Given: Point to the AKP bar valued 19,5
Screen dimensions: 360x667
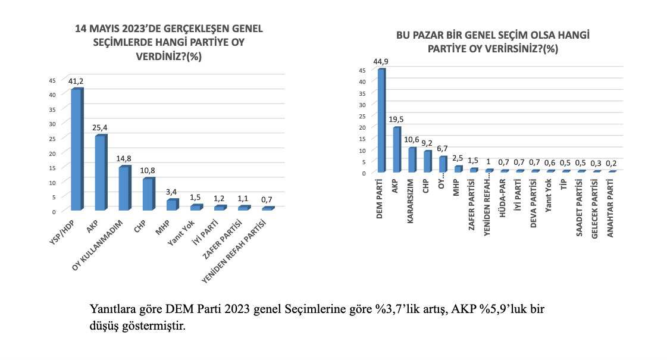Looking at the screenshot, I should pyautogui.click(x=396, y=149).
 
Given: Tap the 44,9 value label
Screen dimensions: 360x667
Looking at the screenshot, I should pyautogui.click(x=381, y=61).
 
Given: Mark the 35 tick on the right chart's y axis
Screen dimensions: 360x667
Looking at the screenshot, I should pyautogui.click(x=362, y=93).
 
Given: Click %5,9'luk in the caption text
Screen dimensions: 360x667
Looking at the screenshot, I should pyautogui.click(x=490, y=309).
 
